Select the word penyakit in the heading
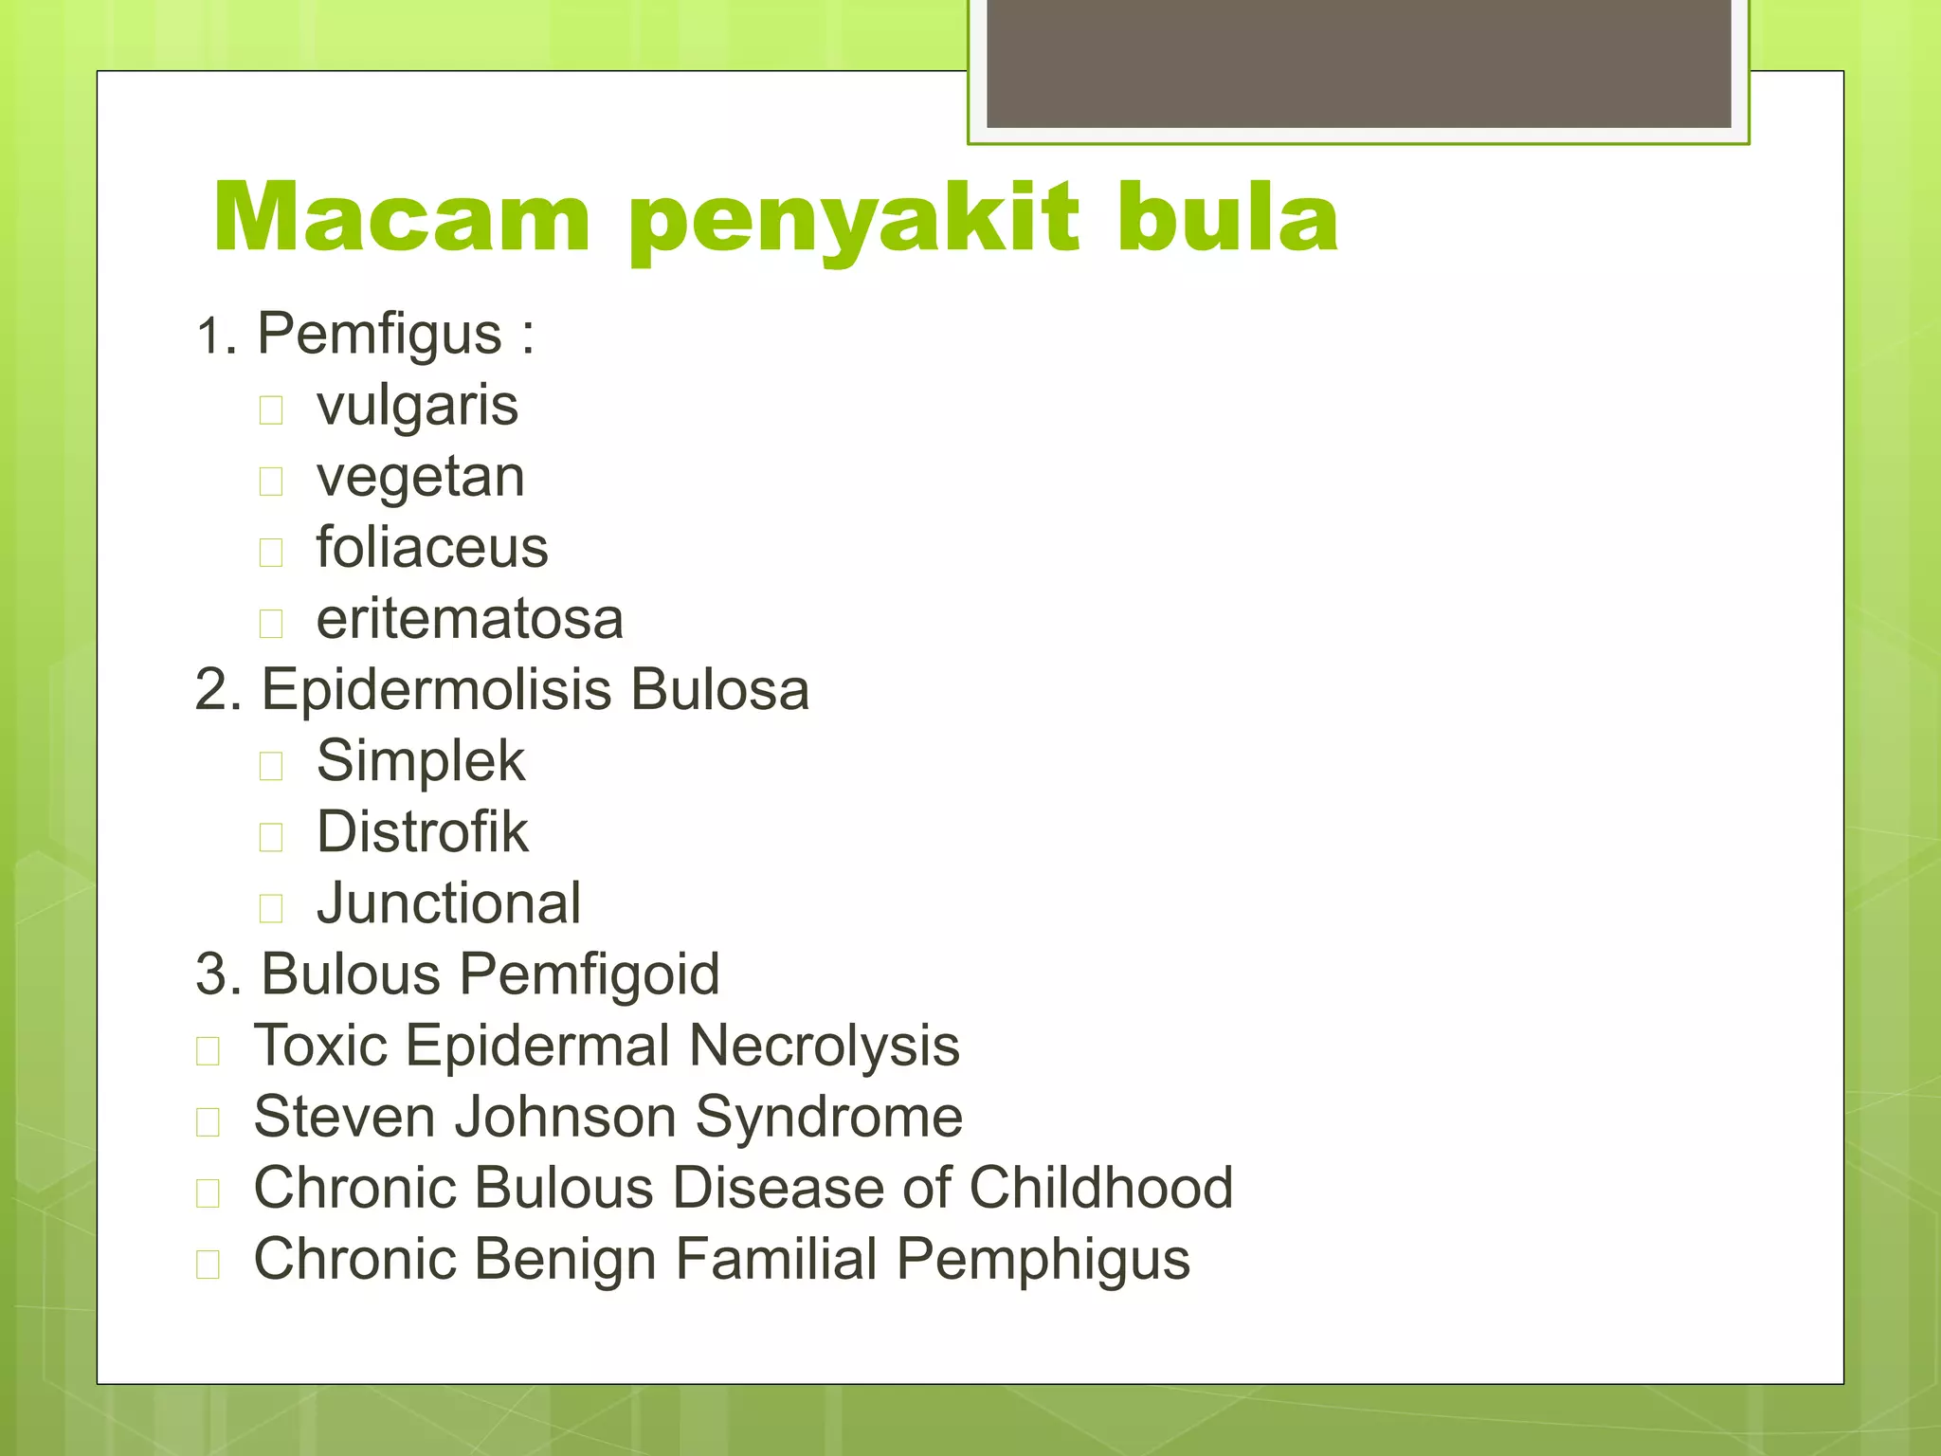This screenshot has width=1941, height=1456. (x=853, y=223)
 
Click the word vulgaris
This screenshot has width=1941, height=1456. (x=417, y=407)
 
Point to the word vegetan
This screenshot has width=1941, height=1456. (x=420, y=478)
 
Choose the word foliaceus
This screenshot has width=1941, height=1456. (x=432, y=548)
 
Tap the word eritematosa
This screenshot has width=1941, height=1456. (x=470, y=620)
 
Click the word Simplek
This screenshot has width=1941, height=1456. (x=420, y=761)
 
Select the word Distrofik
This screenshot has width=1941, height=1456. (x=422, y=832)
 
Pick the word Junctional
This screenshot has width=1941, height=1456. (x=448, y=903)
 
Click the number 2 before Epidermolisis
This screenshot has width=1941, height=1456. (x=213, y=690)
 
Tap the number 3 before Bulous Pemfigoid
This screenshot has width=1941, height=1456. (x=213, y=974)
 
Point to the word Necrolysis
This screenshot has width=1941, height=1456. (x=824, y=1046)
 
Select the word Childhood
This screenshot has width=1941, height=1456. (x=1100, y=1188)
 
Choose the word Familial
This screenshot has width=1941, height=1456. (x=776, y=1259)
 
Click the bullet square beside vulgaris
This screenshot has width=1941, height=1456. (x=271, y=410)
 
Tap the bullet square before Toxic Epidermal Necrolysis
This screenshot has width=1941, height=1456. (x=208, y=1050)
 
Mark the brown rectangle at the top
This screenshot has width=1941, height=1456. (x=1358, y=63)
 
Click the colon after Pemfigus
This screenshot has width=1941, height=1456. (x=527, y=336)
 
